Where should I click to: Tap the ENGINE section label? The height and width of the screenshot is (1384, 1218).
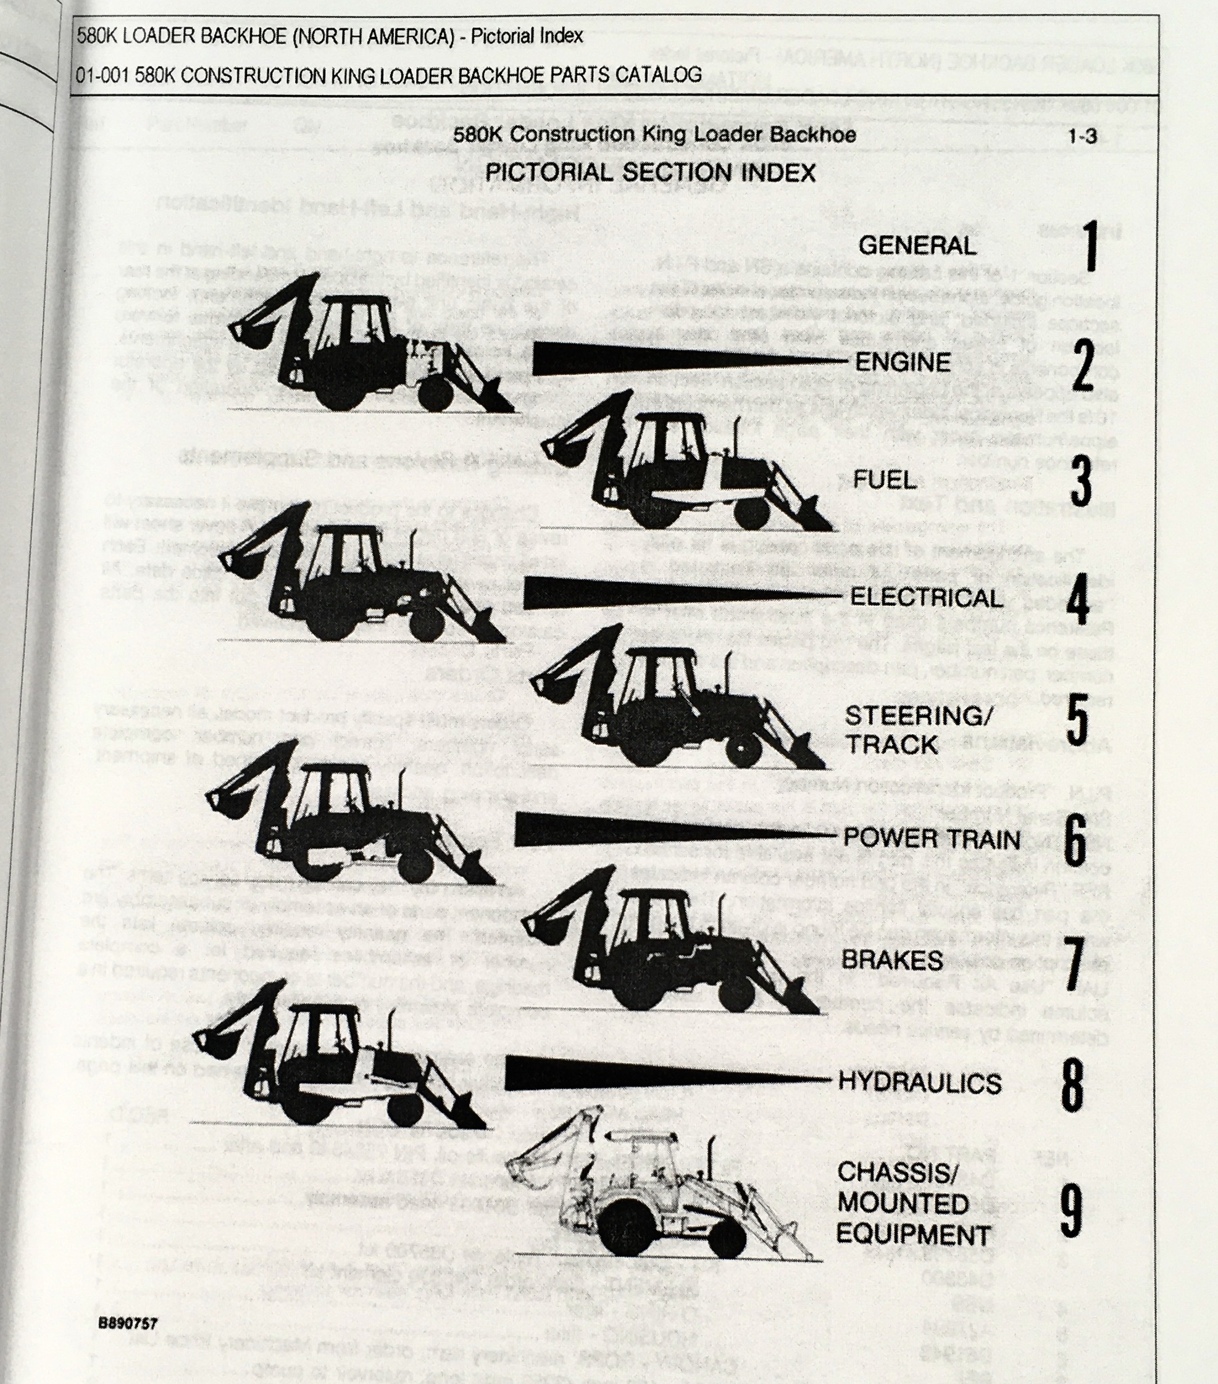tap(903, 362)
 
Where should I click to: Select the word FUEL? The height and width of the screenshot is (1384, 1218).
tap(884, 480)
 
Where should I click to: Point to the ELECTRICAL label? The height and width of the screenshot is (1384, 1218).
tap(926, 597)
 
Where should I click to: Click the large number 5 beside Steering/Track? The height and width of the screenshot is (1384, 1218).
tap(1076, 719)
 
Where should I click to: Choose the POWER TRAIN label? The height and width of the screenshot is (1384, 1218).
tap(932, 839)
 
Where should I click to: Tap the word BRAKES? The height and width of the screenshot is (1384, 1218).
tap(891, 959)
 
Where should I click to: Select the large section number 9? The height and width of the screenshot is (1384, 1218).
tap(1070, 1209)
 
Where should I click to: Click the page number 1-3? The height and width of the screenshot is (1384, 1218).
tap(1082, 136)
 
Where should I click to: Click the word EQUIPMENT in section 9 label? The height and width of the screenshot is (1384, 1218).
tap(913, 1233)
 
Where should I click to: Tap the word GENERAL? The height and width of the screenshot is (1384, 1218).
tap(917, 245)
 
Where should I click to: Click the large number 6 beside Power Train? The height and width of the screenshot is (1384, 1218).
tap(1075, 840)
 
